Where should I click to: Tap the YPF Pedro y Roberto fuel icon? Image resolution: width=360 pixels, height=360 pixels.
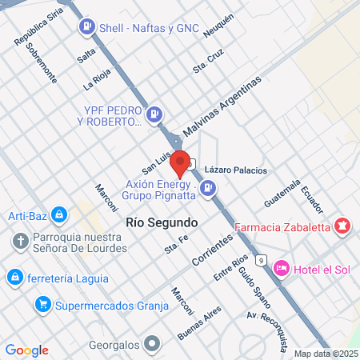(x=154, y=114)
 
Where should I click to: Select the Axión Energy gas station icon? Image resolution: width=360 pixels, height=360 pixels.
(x=208, y=188)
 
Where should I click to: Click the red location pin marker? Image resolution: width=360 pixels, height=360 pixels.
(x=180, y=162)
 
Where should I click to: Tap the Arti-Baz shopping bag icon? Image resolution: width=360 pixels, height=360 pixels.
(x=58, y=214)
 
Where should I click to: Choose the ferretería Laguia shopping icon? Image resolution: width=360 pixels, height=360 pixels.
(x=13, y=277)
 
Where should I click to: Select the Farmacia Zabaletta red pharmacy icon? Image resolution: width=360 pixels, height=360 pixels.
(x=343, y=226)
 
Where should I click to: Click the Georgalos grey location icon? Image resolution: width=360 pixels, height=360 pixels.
(x=153, y=346)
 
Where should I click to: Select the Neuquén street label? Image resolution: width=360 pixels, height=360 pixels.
(x=218, y=28)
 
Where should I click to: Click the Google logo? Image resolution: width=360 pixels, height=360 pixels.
(x=26, y=350)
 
